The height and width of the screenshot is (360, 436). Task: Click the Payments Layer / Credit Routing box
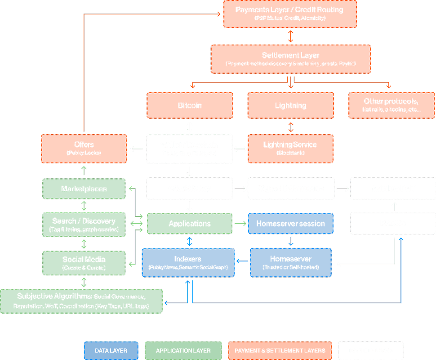tap(289, 13)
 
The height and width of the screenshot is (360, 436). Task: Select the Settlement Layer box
tap(290, 59)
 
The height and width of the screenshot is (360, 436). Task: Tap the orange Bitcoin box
tap(190, 105)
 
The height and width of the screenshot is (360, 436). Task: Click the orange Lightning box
tap(290, 105)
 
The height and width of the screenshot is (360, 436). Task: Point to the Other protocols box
tap(391, 105)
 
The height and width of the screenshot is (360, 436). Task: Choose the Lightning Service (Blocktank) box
tap(290, 148)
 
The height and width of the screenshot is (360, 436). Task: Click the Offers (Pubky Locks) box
tap(84, 148)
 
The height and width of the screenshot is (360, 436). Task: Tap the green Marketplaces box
tap(84, 189)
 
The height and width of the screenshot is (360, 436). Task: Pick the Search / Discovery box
tap(84, 225)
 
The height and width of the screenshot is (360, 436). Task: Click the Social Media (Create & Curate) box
tap(84, 263)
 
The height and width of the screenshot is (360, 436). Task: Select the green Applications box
tap(190, 224)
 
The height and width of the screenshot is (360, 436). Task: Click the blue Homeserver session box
tap(290, 224)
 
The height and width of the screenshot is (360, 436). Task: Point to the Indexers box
tap(188, 263)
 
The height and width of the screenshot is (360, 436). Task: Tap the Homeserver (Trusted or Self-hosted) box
tap(290, 263)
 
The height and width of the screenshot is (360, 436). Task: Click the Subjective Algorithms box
tap(81, 301)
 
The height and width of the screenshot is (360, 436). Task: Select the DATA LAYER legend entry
tap(111, 351)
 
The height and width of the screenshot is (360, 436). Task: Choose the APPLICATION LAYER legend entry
tap(183, 351)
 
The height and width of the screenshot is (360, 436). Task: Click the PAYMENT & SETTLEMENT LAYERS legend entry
tap(280, 351)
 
